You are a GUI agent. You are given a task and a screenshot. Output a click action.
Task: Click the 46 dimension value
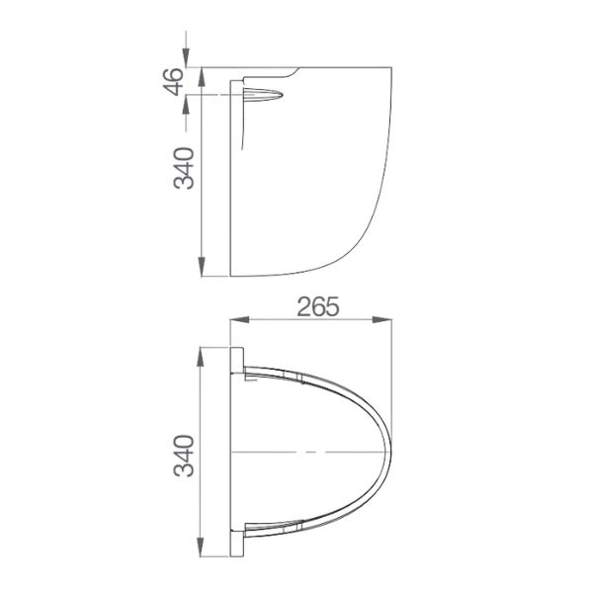pyautogui.click(x=176, y=81)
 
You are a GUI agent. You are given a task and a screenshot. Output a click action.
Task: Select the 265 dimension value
pyautogui.click(x=317, y=305)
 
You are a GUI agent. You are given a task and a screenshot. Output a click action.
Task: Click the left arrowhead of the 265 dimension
pyautogui.click(x=237, y=319)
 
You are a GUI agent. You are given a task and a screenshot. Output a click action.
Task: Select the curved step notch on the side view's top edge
pyautogui.click(x=295, y=71)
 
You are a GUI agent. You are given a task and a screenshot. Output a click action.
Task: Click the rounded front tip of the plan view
pyautogui.click(x=389, y=452)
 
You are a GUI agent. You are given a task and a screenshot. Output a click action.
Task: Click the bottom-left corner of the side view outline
pyautogui.click(x=229, y=276)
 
